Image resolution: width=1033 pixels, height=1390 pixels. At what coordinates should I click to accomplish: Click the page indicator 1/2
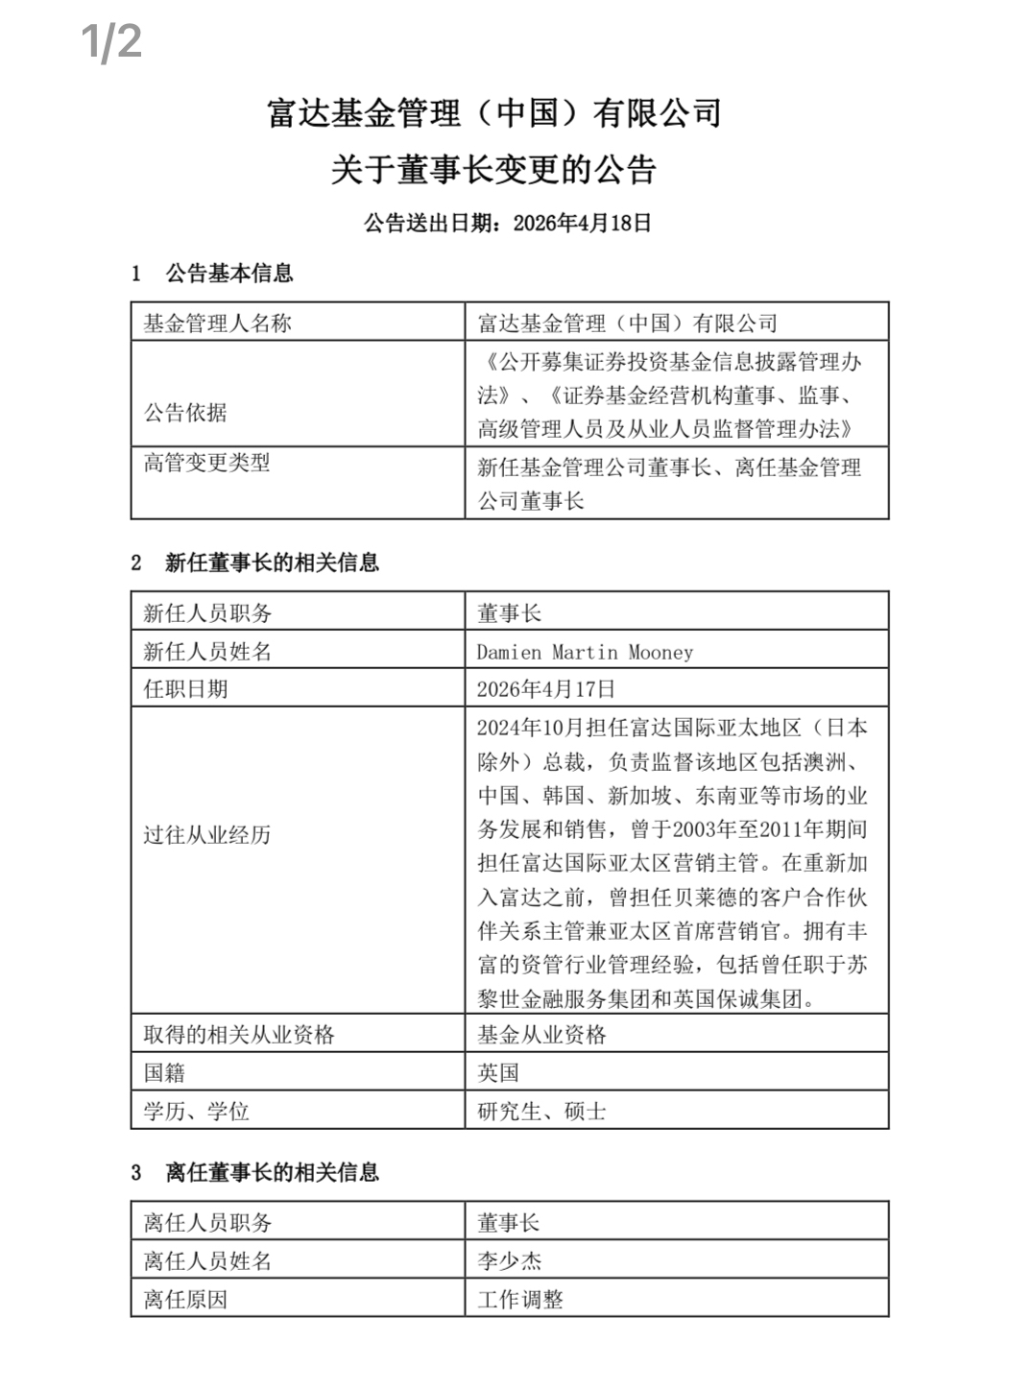tap(111, 42)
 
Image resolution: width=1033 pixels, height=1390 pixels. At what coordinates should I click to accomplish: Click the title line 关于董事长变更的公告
tap(493, 170)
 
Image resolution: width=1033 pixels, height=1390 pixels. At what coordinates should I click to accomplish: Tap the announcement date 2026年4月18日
tap(583, 224)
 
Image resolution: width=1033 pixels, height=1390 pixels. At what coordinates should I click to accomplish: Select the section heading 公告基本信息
tap(228, 274)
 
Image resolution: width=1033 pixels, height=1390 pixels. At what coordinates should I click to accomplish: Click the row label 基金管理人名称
tap(217, 324)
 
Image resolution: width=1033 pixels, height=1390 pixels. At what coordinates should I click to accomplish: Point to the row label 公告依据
tap(185, 413)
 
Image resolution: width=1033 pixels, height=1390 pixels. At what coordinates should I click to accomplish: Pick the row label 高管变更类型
tap(206, 463)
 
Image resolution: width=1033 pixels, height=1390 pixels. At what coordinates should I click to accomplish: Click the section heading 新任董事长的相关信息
tap(272, 563)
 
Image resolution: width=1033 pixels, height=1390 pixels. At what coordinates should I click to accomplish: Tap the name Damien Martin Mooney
tap(585, 652)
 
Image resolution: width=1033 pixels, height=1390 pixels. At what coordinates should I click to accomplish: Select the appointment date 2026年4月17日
tap(546, 689)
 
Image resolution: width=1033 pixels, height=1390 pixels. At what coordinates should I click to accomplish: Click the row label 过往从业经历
tap(207, 835)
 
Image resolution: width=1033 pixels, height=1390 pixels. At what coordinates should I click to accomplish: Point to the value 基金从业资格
tap(541, 1035)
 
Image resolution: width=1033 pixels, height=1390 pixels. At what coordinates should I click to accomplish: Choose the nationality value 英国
tap(498, 1073)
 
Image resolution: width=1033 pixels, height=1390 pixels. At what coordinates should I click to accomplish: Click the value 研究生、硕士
tap(541, 1112)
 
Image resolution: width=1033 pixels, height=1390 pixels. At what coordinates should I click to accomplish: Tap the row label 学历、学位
tap(197, 1112)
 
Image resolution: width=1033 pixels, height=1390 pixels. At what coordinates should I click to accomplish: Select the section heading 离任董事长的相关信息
tap(272, 1172)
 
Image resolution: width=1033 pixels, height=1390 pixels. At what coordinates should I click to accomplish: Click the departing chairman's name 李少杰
tap(510, 1261)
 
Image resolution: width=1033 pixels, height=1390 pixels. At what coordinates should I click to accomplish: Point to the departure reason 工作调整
tap(520, 1300)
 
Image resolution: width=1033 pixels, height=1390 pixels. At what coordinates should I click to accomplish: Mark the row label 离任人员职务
tap(207, 1223)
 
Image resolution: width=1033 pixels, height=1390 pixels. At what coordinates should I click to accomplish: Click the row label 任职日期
tap(185, 689)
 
